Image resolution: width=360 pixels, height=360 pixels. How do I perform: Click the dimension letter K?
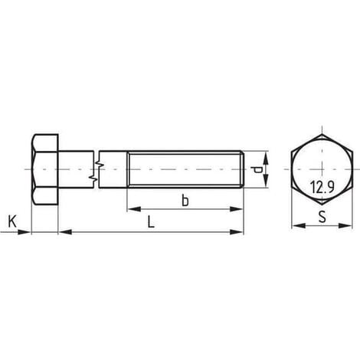coord(12,221)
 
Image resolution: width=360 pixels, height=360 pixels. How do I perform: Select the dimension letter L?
coord(151,221)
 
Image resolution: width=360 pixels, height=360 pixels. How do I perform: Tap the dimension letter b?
coord(185,200)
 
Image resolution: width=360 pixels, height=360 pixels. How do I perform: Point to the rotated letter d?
coord(257,169)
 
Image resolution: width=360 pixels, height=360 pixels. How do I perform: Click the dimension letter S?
coord(322,217)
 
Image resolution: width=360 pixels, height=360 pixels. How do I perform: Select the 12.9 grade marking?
coord(322,187)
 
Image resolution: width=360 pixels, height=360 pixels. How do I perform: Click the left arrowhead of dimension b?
coord(134,209)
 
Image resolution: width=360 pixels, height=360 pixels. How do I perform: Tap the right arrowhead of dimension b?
coord(236,209)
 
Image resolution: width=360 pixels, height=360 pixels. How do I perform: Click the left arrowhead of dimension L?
coord(65,232)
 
